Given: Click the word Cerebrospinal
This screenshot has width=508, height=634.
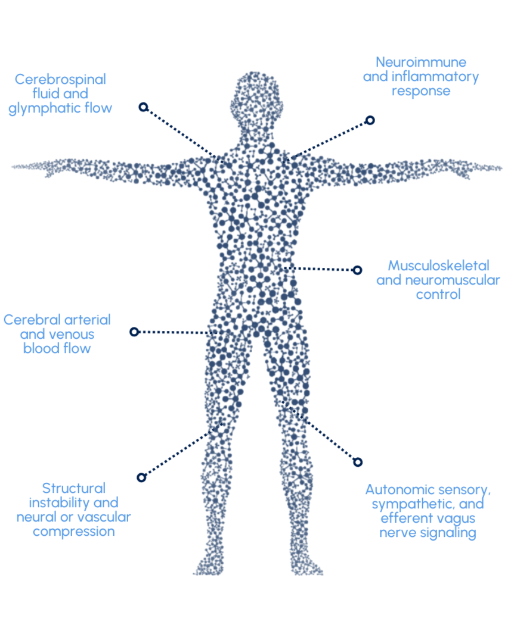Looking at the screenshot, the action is (60, 79).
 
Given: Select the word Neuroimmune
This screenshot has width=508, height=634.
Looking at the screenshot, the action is (420, 62).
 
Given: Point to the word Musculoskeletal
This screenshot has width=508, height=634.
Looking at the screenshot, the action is (438, 265).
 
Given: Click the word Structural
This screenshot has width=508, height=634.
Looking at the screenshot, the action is (74, 488).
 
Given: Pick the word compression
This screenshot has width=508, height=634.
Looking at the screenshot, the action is (74, 531).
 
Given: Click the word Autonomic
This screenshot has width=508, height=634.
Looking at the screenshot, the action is (396, 490).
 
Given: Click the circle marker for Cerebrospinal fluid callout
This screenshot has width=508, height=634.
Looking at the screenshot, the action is (143, 107).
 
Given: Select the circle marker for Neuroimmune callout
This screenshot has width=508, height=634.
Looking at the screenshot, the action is (370, 120).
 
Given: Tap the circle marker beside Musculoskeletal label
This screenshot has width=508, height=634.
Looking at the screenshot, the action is (357, 270).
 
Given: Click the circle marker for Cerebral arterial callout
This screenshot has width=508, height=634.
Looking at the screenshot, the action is (134, 332).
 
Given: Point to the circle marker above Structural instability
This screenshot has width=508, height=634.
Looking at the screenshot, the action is (141, 477).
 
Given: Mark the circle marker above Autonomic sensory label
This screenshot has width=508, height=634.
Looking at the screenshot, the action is (358, 462).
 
